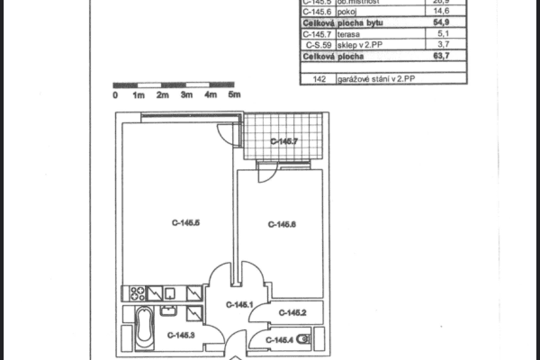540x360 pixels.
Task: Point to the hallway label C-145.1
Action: click(x=238, y=305)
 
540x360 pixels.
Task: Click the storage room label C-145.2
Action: click(x=292, y=313)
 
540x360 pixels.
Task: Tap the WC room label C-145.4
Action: click(x=280, y=339)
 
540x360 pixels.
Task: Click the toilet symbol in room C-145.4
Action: click(x=303, y=339)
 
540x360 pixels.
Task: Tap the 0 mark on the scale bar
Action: click(x=115, y=94)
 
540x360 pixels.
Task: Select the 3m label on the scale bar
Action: click(x=185, y=94)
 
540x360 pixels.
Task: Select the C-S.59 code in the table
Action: click(x=317, y=45)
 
